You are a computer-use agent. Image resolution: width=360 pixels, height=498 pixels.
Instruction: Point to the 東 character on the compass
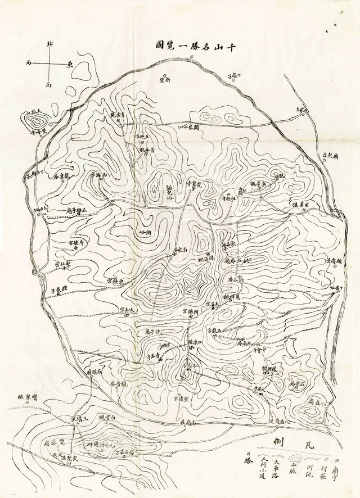tap(70, 64)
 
